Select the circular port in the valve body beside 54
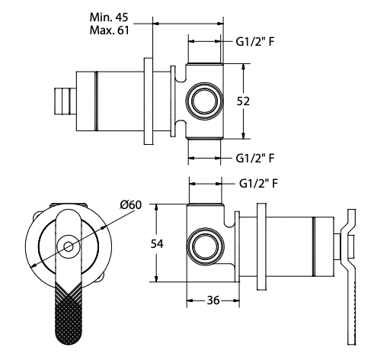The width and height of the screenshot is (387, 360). point(206,246)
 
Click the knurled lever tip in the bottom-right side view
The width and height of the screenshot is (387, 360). point(353,313)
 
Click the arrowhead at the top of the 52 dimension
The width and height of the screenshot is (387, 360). point(244,66)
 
